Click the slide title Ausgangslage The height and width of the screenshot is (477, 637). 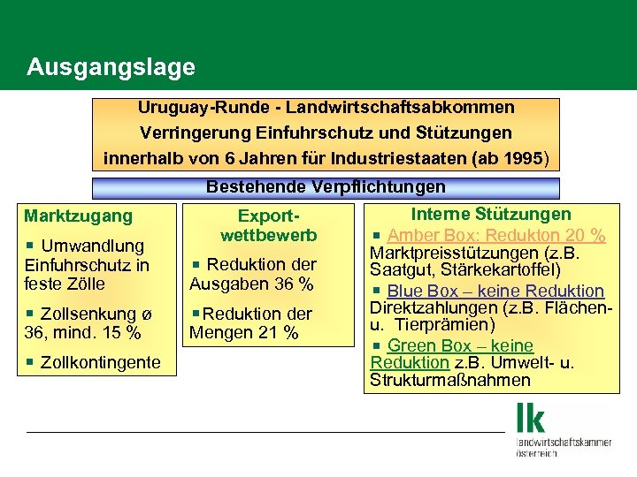[x=111, y=67]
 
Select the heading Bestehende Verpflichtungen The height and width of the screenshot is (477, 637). [x=326, y=187]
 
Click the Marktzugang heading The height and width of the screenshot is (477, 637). [x=79, y=216]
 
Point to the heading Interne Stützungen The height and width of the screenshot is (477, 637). [x=491, y=214]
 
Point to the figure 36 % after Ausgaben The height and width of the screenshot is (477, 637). [x=293, y=284]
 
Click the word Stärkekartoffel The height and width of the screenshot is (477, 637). [x=533, y=269]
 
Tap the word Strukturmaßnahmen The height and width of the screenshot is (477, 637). [x=450, y=381]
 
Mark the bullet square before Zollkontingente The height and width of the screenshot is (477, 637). [x=30, y=362]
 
